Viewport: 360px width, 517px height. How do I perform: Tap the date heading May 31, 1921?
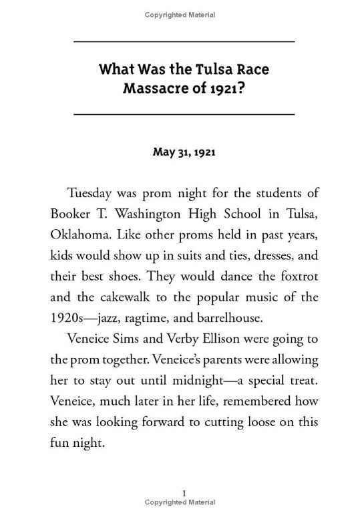[x=183, y=152]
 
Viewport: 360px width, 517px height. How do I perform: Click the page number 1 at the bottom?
[x=183, y=494]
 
